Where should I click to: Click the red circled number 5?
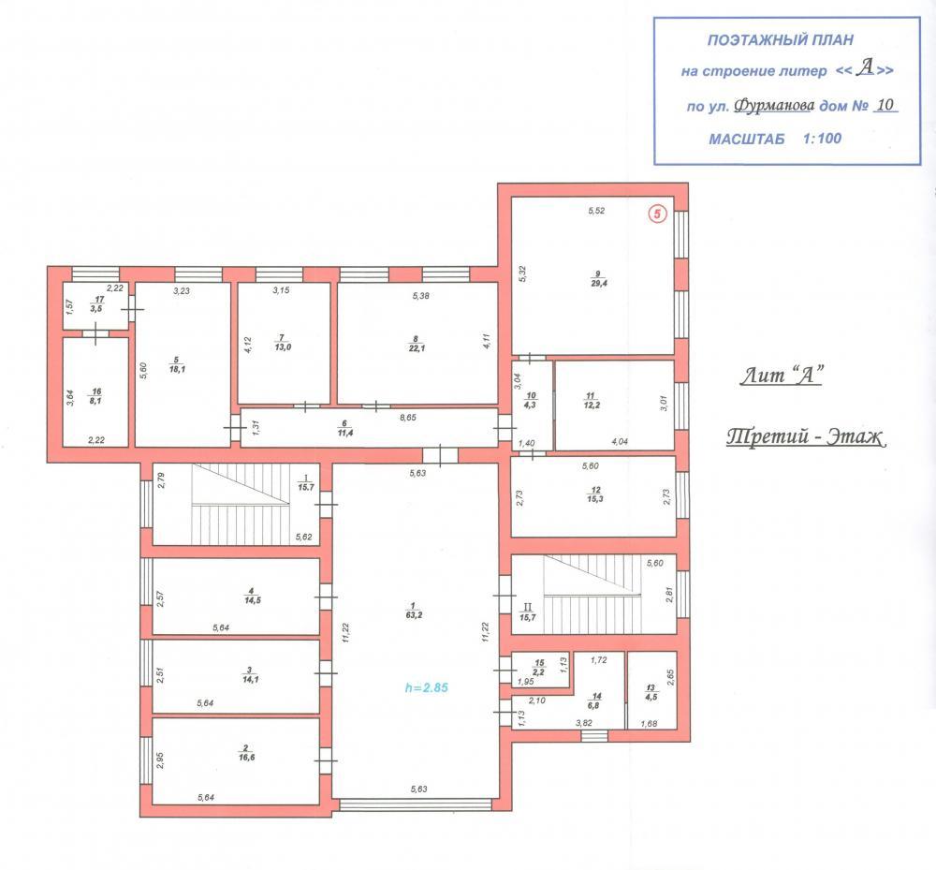tap(657, 214)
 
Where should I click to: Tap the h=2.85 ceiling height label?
tap(426, 687)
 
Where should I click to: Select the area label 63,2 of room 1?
tap(414, 614)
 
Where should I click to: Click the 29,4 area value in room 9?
tap(599, 283)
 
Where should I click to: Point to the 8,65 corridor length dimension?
tap(408, 418)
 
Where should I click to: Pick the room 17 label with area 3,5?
tap(97, 304)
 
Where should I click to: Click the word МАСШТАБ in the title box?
tap(747, 140)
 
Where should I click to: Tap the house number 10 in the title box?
tap(885, 105)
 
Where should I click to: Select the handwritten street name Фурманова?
tap(774, 106)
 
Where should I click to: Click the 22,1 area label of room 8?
tap(417, 348)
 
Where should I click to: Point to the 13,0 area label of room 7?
tap(283, 347)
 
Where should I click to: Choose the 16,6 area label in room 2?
tap(246, 757)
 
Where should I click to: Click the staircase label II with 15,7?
tap(528, 612)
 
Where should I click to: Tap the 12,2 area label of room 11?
tap(592, 405)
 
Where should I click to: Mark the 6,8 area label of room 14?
tap(593, 705)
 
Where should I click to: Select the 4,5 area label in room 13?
tap(651, 697)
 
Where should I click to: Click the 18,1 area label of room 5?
tap(177, 369)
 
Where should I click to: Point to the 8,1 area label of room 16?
tap(95, 401)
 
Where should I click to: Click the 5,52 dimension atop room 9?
tap(596, 210)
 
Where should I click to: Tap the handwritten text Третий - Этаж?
tap(806, 437)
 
